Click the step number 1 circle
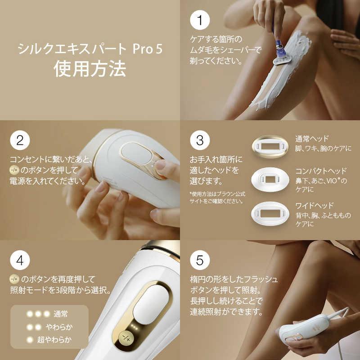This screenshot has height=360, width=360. click(199, 22)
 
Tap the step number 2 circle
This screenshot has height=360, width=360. click(19, 140)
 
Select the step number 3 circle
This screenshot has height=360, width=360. click(199, 140)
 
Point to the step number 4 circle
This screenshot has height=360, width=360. click(19, 260)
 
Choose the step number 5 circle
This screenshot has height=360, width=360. click(199, 260)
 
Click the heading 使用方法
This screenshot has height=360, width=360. click(90, 68)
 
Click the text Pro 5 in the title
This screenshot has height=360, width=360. click(147, 49)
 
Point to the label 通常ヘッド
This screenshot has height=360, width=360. click(312, 139)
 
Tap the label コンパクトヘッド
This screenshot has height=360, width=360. click(321, 171)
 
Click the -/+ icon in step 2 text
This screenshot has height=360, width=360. click(14, 171)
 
